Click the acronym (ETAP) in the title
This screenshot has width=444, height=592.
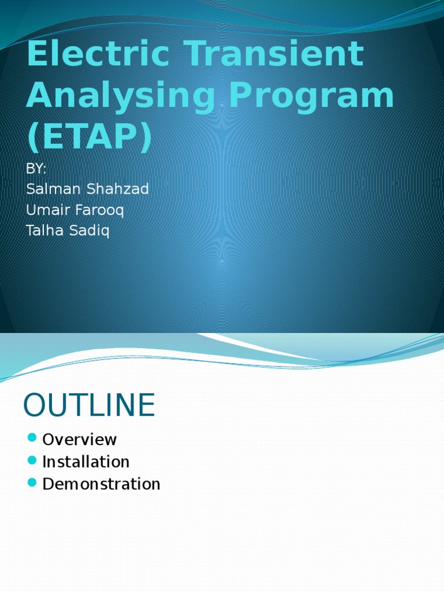click(x=89, y=138)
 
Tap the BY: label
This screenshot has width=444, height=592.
click(x=36, y=169)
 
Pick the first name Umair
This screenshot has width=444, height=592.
click(x=47, y=210)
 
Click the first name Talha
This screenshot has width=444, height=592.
click(x=43, y=231)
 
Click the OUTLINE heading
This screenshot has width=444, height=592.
click(x=89, y=405)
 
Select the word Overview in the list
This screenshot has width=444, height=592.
click(x=80, y=439)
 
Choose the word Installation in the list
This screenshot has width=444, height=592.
click(x=86, y=462)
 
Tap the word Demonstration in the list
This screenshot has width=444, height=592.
click(x=101, y=484)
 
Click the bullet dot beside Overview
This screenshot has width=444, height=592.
click(x=32, y=438)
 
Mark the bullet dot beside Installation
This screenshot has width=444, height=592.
click(x=32, y=460)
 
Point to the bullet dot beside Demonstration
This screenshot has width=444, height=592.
click(x=32, y=482)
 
